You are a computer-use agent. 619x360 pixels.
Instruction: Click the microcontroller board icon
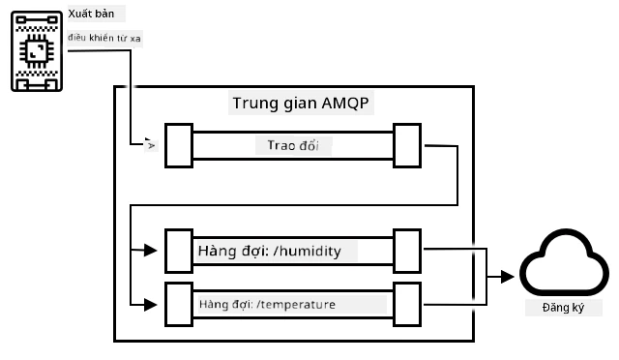[37, 51]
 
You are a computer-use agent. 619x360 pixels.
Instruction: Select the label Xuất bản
[91, 14]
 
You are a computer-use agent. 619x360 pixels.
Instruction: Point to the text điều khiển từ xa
[104, 38]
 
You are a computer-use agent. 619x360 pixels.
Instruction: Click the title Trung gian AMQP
[301, 104]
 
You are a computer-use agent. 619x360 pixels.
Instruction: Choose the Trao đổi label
[293, 145]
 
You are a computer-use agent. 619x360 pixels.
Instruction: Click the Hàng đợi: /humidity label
[270, 251]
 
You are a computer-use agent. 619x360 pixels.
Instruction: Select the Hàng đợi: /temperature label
[267, 304]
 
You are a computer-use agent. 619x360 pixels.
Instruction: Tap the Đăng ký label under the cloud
[563, 308]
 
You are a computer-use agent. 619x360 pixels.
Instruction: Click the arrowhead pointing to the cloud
[507, 277]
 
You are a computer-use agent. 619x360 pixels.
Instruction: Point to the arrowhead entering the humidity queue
[151, 250]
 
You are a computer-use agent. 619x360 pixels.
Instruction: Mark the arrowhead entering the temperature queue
[151, 305]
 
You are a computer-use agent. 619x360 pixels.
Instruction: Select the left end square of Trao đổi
[179, 146]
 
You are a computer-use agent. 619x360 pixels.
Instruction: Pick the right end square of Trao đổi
[407, 146]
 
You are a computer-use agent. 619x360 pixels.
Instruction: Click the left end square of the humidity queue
[179, 251]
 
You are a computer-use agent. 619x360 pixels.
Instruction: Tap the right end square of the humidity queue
[407, 251]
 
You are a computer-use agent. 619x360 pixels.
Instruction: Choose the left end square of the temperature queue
[179, 304]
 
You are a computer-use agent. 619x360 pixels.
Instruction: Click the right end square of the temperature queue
[407, 304]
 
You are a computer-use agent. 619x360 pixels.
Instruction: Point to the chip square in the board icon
[37, 51]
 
